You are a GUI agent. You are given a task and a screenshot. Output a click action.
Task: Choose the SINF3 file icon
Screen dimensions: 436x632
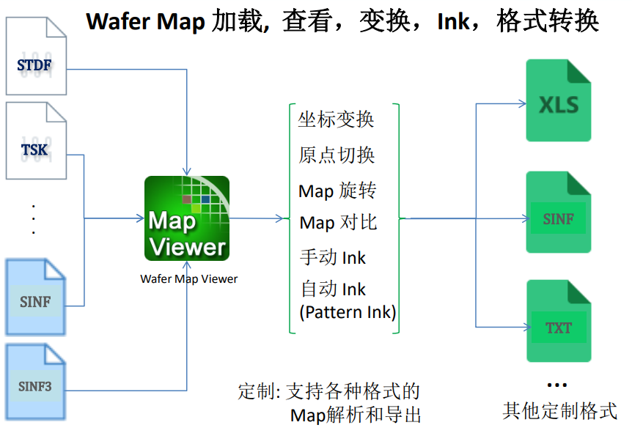(x=35, y=380)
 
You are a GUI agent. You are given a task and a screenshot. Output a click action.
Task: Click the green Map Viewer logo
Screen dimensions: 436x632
(x=187, y=218)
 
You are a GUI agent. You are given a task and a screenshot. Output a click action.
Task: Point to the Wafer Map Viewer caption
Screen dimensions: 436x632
(x=189, y=278)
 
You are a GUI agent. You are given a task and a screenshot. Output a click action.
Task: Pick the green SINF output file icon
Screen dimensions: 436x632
(x=559, y=213)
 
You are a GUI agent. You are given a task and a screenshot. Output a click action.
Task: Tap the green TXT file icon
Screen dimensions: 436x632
(x=559, y=322)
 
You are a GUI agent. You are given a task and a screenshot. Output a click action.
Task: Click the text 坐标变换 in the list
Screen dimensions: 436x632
(x=337, y=119)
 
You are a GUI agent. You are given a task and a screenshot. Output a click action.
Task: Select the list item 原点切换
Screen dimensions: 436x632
(x=337, y=155)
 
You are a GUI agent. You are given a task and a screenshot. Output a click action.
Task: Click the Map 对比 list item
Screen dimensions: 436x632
(x=338, y=222)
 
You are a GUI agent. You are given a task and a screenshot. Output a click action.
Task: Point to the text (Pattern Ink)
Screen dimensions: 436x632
(x=348, y=312)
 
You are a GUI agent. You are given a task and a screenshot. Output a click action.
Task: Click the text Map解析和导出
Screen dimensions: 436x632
(x=356, y=415)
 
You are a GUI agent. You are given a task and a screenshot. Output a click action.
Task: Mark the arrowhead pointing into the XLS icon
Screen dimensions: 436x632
(x=523, y=103)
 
